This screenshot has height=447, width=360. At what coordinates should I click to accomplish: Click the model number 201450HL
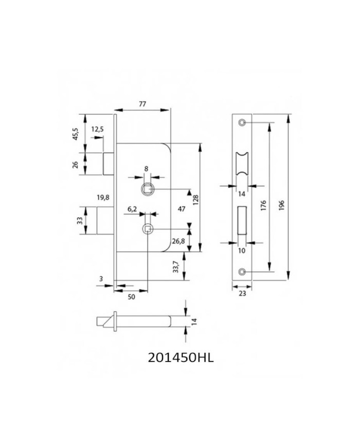(181, 357)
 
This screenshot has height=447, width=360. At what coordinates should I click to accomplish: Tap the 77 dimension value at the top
(142, 104)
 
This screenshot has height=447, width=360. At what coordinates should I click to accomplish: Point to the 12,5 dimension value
(98, 129)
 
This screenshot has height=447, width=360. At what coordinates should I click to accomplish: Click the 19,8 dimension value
(103, 198)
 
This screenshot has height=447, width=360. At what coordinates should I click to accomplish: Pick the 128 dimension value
(195, 201)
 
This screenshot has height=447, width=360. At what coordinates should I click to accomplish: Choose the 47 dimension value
(182, 209)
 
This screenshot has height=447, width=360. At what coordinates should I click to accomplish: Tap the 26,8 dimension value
(178, 241)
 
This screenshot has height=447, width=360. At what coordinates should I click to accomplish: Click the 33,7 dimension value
(176, 267)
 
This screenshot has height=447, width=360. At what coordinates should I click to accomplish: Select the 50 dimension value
(132, 297)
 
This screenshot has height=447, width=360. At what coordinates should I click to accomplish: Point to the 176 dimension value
(263, 205)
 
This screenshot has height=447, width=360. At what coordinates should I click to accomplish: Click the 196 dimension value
(282, 205)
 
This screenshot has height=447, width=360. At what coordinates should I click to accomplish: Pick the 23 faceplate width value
(242, 293)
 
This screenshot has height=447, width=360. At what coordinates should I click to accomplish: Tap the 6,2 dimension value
(132, 209)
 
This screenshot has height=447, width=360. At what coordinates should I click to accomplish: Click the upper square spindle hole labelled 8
(148, 189)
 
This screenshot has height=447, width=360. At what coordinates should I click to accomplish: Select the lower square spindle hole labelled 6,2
(147, 228)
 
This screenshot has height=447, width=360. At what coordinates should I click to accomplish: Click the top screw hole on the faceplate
(242, 122)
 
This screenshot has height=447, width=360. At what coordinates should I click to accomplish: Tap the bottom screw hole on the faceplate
(242, 272)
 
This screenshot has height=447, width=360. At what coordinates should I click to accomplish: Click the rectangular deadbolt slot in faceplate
(242, 220)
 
